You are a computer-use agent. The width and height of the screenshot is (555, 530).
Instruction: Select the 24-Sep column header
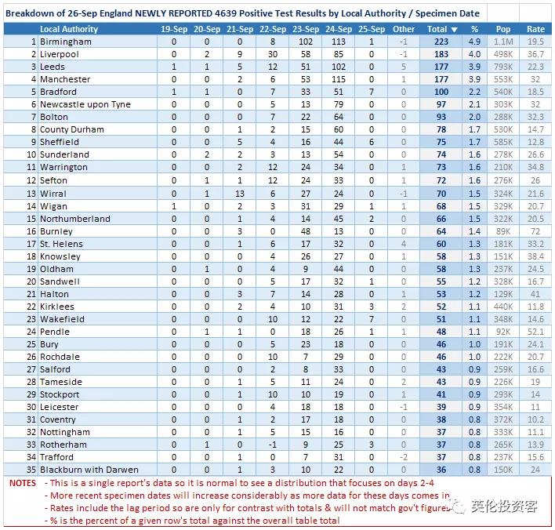[339, 29]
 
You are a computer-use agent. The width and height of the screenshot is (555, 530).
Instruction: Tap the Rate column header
[535, 29]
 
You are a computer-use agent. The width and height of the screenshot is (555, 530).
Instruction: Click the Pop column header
[503, 29]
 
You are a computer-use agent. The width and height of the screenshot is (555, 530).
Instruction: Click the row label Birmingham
[65, 42]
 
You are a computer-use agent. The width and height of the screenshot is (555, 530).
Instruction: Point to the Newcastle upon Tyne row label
[85, 104]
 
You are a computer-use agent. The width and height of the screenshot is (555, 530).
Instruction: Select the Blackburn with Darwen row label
[89, 470]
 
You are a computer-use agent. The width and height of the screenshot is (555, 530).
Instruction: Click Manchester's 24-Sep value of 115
[339, 79]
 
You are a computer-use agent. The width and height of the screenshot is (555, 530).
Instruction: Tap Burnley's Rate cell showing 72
[535, 231]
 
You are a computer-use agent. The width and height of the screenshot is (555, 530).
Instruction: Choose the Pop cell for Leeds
[504, 67]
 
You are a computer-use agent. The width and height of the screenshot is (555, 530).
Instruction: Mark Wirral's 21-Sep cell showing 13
[239, 194]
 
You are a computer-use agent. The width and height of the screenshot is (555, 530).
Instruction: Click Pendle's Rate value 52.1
[535, 332]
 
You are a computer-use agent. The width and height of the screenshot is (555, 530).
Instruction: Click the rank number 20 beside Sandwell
[31, 281]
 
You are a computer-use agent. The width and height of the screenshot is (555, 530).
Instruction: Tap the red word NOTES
[23, 483]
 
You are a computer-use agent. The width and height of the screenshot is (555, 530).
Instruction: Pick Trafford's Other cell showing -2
[403, 457]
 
